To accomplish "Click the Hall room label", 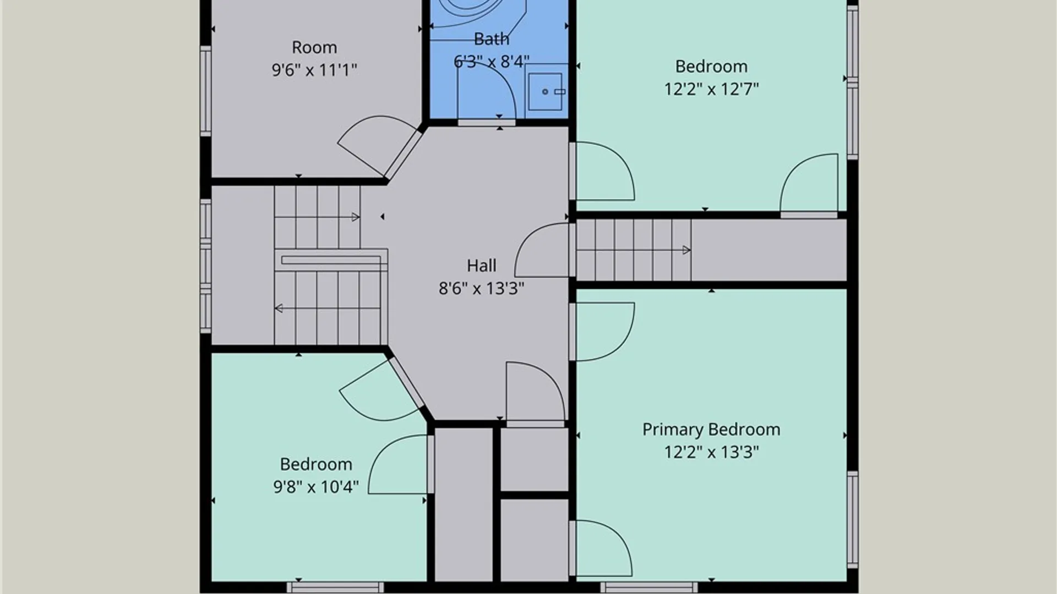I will coord(481,266).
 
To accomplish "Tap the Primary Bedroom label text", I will coord(711,430).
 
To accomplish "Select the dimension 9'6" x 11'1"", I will coord(314,70).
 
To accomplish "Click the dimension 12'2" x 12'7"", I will coord(711,89).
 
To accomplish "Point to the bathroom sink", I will coord(546,91).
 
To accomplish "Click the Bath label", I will coord(491,39).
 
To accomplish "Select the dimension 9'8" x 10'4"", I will coord(316,487).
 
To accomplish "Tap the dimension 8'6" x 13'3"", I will coord(481,288).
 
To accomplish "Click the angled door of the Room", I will coord(403,154).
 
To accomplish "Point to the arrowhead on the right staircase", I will coord(686,250).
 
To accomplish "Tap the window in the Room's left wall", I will coord(205,91).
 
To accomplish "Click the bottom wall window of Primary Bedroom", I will coord(649,587).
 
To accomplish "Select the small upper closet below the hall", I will coord(534,459).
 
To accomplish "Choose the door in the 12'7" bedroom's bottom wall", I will coord(809,215).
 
